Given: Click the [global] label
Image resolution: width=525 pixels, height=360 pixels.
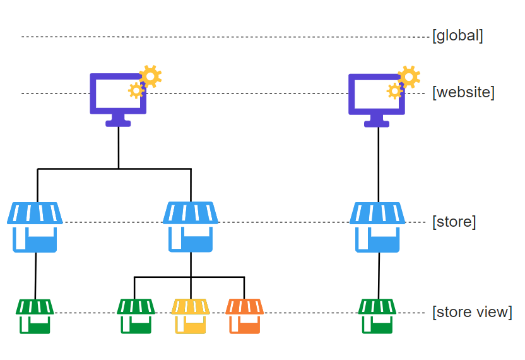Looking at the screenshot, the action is (457, 36).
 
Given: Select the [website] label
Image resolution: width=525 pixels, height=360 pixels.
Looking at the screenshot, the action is (463, 92).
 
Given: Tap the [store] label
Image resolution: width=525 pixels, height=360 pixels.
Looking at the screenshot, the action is (454, 222).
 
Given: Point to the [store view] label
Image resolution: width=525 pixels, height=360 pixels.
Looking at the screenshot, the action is (472, 312).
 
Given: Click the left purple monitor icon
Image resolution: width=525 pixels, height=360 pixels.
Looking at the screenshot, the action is (118, 111).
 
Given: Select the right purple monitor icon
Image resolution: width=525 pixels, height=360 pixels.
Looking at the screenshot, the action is (376, 111).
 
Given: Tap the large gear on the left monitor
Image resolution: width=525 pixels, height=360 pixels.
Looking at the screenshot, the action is (150, 76).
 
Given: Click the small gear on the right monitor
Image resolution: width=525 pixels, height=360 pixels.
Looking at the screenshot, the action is (395, 91).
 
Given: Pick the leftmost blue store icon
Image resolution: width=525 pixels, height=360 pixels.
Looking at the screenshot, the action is (35, 227).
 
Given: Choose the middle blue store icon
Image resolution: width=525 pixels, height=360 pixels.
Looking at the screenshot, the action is (191, 227).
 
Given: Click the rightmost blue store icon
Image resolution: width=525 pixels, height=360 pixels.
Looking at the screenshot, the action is (377, 227).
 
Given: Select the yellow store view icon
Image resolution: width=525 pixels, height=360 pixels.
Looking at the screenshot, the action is (191, 316).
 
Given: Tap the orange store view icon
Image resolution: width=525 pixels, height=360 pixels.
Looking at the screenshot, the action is (244, 316).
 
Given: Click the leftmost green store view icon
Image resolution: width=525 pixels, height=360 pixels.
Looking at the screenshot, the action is (35, 316).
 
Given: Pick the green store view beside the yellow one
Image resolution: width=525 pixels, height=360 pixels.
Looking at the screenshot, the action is (136, 316).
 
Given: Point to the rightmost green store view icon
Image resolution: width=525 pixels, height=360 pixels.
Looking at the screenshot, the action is (377, 316).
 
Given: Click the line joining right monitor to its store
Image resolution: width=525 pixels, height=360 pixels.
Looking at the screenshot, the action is (379, 165).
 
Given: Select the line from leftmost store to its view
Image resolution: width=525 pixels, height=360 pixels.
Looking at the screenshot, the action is (35, 275).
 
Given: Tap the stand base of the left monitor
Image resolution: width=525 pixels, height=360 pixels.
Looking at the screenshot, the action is (118, 124).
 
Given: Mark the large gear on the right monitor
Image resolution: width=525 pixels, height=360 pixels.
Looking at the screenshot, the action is (409, 77).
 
